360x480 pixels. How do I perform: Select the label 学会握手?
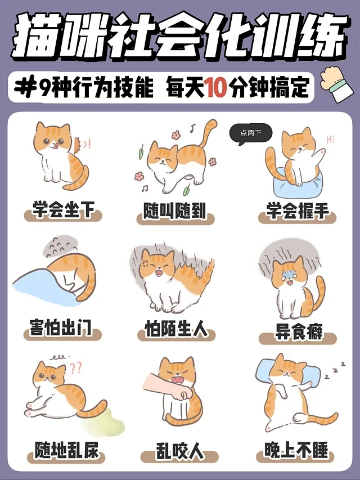[297, 212]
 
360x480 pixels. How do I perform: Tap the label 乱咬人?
[178, 451]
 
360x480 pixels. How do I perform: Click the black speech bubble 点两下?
[251, 133]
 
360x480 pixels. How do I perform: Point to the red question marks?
[76, 368]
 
